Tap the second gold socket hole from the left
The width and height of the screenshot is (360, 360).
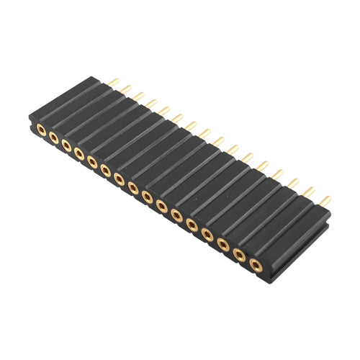pos(53,139)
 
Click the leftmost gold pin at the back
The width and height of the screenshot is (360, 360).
pos(113,83)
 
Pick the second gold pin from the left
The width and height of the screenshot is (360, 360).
pos(126,89)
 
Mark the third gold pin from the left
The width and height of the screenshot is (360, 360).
pos(139,96)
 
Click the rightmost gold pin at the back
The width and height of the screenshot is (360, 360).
pos(325,199)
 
